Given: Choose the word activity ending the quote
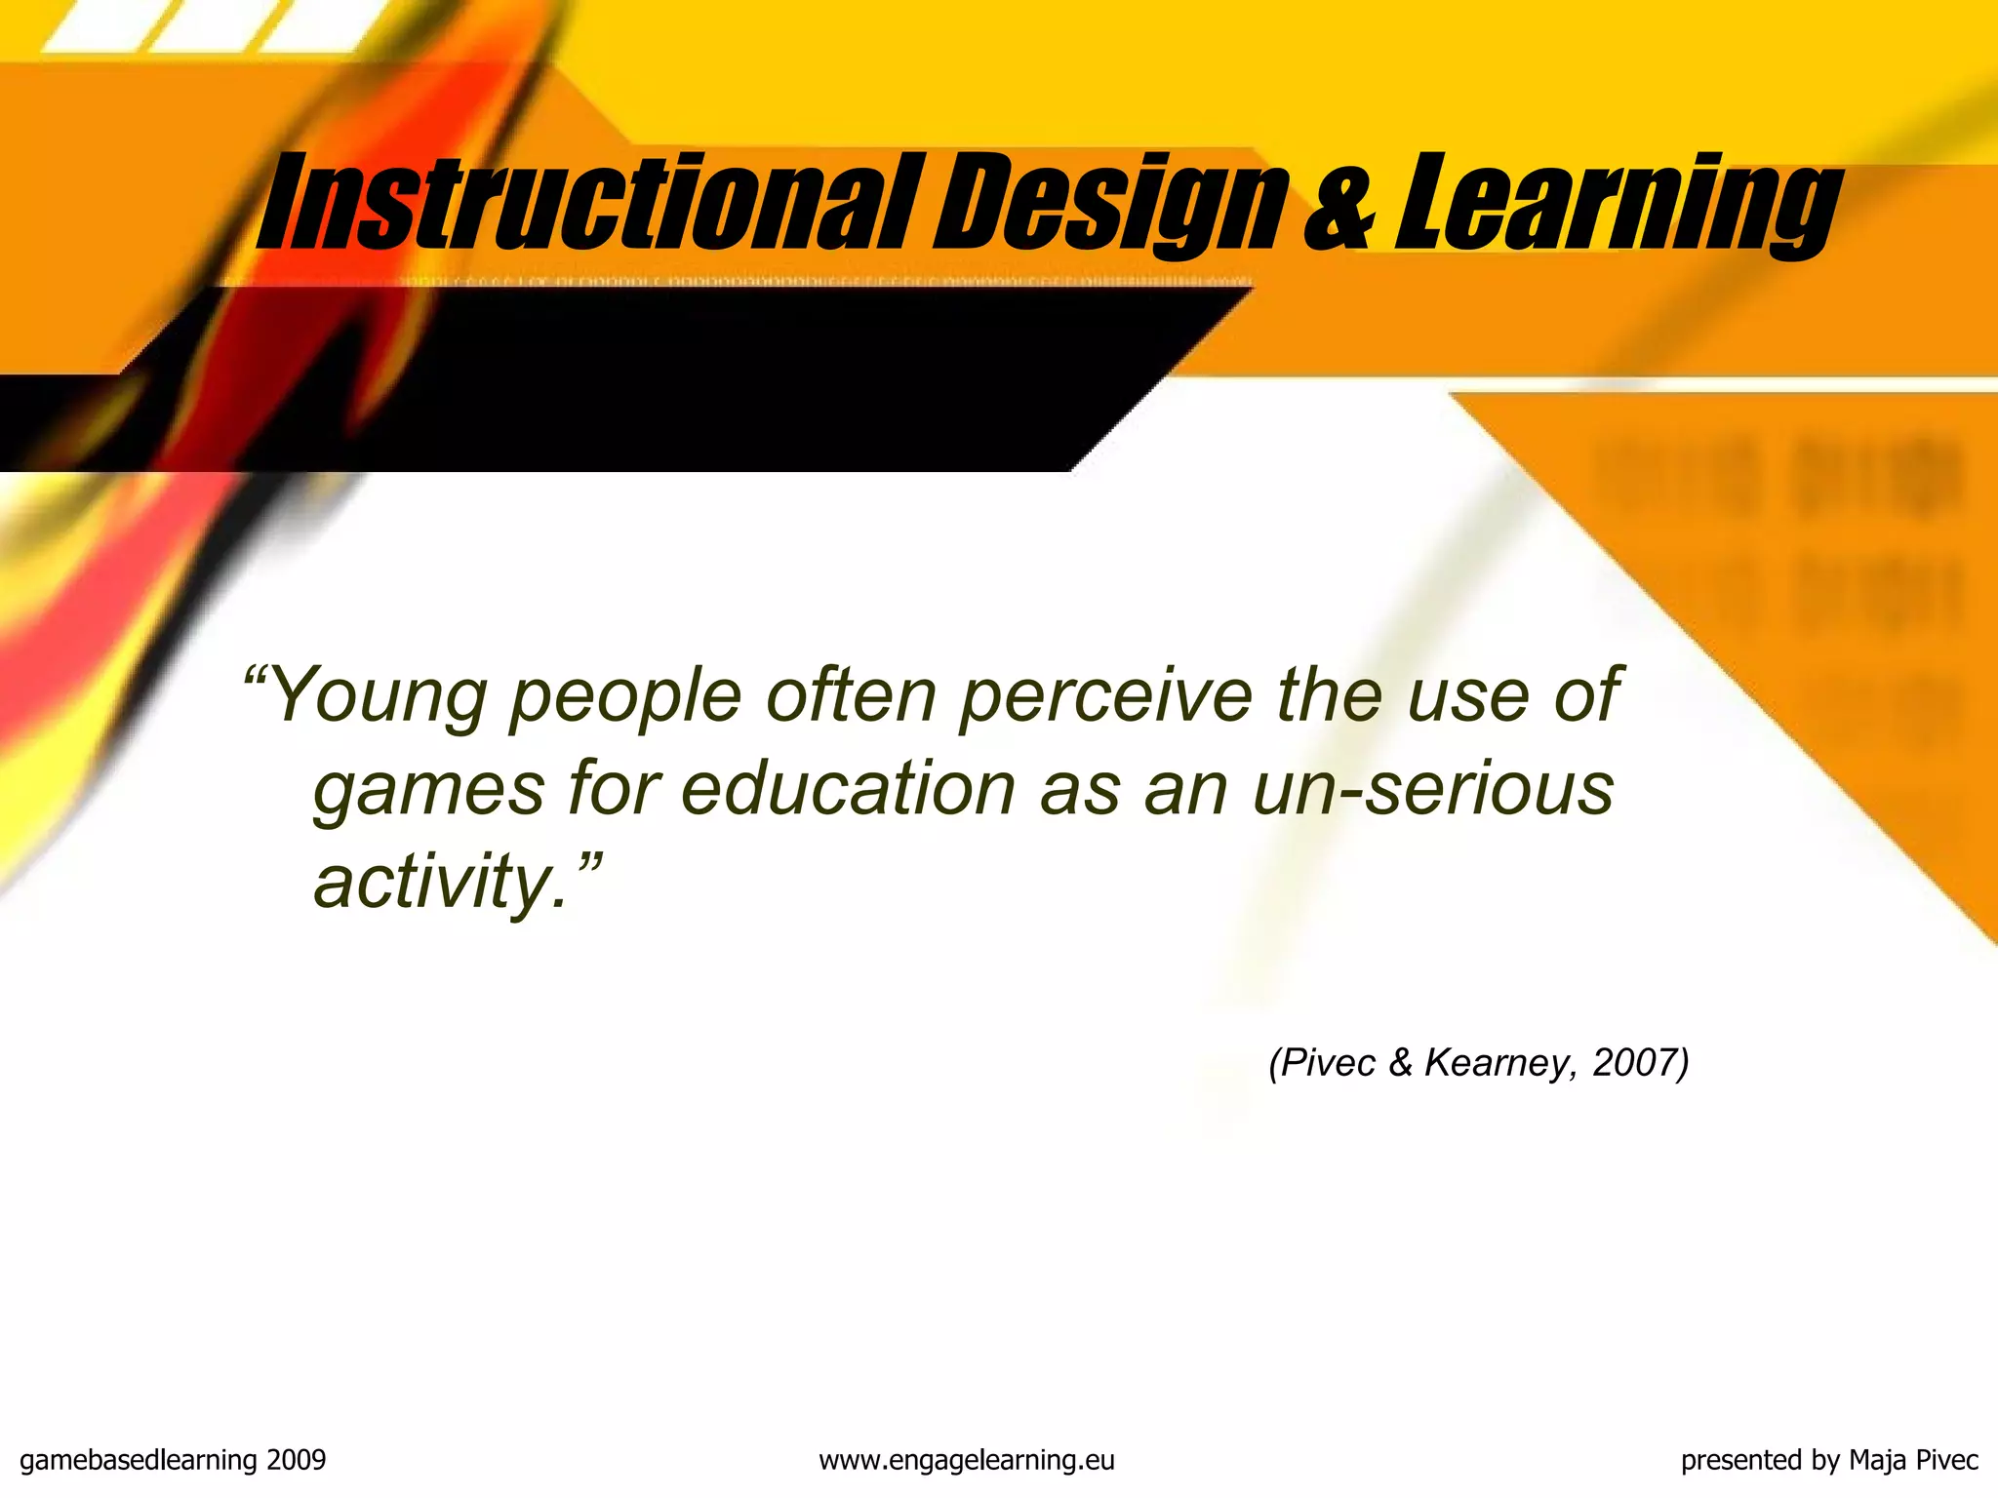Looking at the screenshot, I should [x=433, y=881].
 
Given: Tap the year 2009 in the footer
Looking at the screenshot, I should [x=296, y=1460].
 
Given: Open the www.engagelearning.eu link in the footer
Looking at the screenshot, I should [x=966, y=1460].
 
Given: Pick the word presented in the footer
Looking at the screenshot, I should [x=1741, y=1460].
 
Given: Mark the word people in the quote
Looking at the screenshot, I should [x=625, y=696].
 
